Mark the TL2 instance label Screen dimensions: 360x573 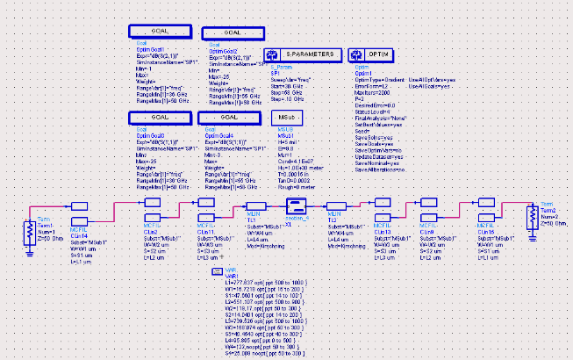click(x=333, y=218)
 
